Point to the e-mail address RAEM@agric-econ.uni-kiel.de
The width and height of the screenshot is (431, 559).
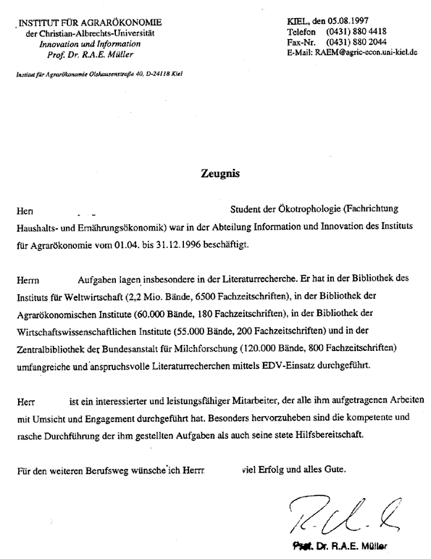364,51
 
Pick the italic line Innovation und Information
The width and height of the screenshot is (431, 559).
91,44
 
